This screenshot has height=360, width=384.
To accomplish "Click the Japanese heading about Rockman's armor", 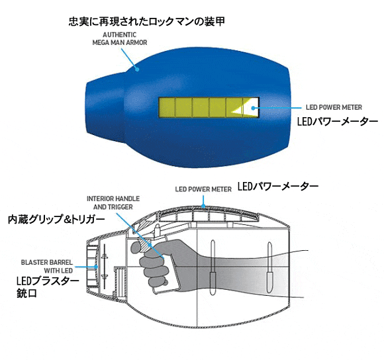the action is pyautogui.click(x=147, y=22).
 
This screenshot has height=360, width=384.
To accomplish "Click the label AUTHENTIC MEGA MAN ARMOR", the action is pyautogui.click(x=120, y=38).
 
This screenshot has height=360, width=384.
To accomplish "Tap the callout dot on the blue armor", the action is pyautogui.click(x=138, y=69).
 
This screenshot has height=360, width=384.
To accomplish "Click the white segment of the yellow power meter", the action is pyautogui.click(x=251, y=107).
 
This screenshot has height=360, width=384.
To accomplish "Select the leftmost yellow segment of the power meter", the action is pyautogui.click(x=167, y=107).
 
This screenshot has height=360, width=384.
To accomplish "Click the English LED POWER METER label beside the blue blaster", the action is pyautogui.click(x=334, y=107).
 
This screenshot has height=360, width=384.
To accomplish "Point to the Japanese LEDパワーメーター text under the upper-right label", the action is pyautogui.click(x=338, y=121).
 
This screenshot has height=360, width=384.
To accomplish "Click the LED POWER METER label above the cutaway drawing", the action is pyautogui.click(x=203, y=189).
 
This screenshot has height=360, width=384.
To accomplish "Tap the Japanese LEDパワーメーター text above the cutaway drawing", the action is pyautogui.click(x=278, y=187).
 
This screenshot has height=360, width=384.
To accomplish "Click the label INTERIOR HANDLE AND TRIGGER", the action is pyautogui.click(x=113, y=202).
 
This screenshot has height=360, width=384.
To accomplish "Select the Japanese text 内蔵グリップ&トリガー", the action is pyautogui.click(x=56, y=220).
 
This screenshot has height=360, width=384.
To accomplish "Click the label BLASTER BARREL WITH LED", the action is pyautogui.click(x=47, y=267).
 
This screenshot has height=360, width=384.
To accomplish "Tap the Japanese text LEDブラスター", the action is pyautogui.click(x=48, y=281).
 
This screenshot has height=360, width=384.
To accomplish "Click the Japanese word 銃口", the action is pyautogui.click(x=26, y=293).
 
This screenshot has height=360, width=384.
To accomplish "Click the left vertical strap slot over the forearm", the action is pyautogui.click(x=213, y=267).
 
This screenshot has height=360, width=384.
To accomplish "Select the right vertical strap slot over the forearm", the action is pyautogui.click(x=269, y=267).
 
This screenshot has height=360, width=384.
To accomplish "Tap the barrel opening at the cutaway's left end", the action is pyautogui.click(x=92, y=266).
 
